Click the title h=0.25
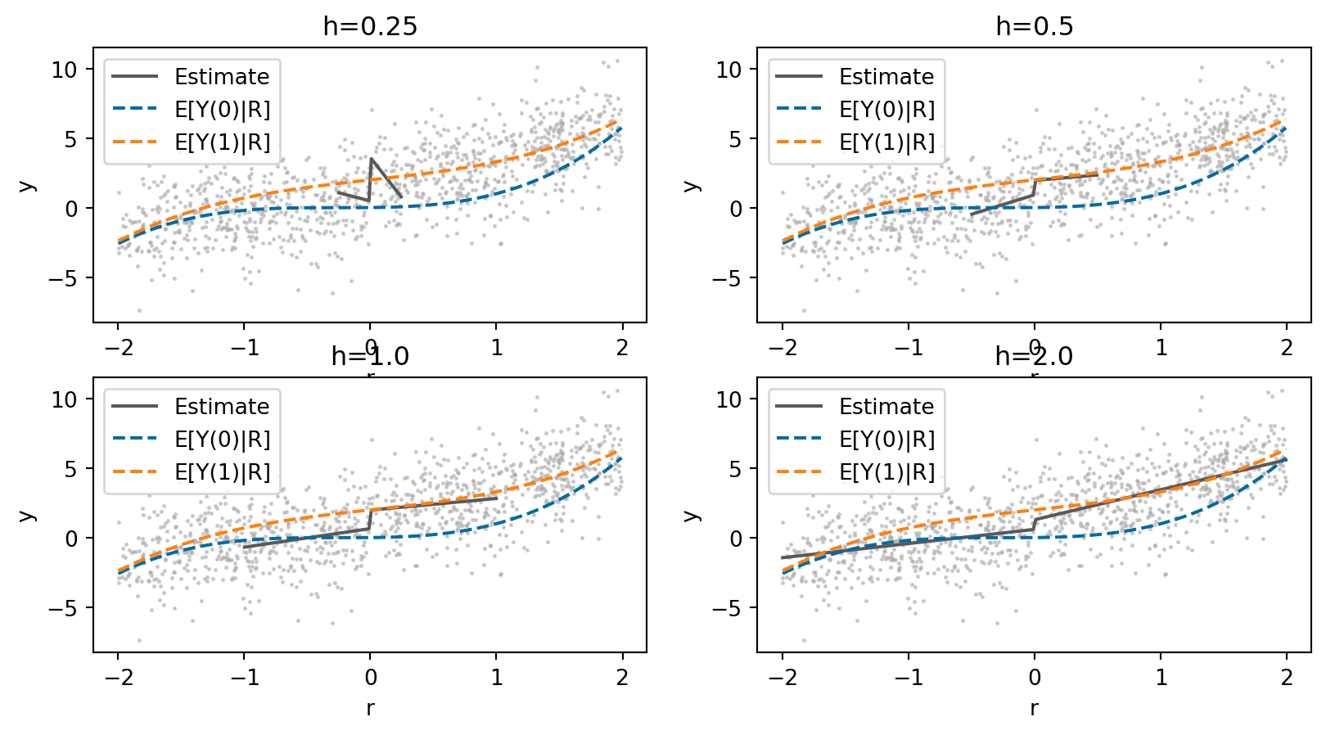coord(370,26)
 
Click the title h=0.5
coord(1034,26)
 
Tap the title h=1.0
coord(370,356)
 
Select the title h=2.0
coord(1034,356)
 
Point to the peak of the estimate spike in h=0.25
coord(371,159)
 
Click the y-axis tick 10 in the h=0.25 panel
coord(64,70)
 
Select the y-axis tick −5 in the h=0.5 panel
coord(727,278)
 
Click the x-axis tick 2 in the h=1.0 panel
coord(623,677)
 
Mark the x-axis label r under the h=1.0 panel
coord(370,708)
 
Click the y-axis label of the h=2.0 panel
coord(692,515)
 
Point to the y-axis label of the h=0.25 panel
coord(27,185)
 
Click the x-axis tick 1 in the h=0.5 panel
coord(1161,347)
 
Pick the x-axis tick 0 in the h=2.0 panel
coord(1035,677)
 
